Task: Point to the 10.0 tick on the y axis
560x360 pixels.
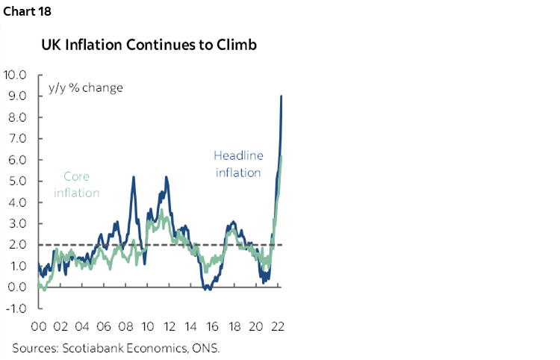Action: point(15,75)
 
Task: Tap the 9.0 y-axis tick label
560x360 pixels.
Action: point(17,96)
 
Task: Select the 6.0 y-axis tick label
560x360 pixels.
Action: point(17,160)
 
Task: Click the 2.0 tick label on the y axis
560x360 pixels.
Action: point(17,244)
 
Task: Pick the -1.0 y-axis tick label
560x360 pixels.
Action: point(16,308)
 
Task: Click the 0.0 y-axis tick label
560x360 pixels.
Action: point(17,287)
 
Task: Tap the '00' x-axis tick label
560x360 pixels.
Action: point(40,326)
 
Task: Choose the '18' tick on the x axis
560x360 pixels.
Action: point(234,326)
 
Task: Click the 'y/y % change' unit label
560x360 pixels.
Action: point(86,87)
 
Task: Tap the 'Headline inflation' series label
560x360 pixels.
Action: point(237,164)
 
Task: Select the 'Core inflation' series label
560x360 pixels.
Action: point(76,185)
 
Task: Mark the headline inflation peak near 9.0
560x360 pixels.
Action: point(281,96)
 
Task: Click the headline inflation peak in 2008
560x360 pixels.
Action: point(133,177)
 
